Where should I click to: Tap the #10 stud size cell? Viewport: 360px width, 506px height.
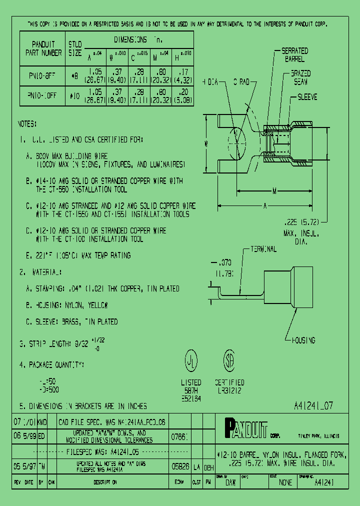pos(74,95)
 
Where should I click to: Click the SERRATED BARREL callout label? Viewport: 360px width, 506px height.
pos(295,54)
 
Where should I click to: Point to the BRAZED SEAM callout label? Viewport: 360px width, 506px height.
pos(300,77)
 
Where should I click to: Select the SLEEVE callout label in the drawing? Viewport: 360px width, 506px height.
pos(307,97)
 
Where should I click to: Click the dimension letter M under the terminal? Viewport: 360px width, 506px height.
pos(274,190)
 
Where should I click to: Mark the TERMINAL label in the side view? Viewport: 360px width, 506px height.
pos(263,248)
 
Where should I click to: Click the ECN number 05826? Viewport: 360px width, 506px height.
pos(179,466)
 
